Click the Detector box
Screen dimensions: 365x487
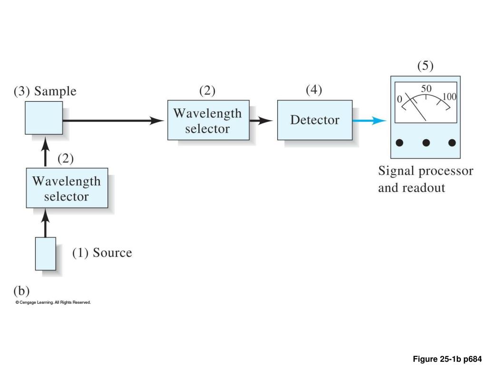click(x=315, y=120)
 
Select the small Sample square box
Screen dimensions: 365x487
click(x=44, y=118)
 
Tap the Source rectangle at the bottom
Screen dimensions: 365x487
click(x=46, y=253)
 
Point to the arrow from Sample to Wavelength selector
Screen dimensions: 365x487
click(x=114, y=121)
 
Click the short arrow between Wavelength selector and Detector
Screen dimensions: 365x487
click(x=261, y=121)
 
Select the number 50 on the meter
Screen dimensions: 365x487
click(x=426, y=89)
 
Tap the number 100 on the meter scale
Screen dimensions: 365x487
click(x=449, y=97)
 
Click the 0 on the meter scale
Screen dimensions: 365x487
click(x=400, y=99)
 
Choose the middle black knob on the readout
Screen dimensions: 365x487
click(x=426, y=143)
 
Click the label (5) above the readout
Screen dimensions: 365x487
click(x=426, y=66)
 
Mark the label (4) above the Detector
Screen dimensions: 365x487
click(x=314, y=90)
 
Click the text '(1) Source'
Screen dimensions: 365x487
click(x=102, y=253)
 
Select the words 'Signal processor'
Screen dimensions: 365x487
click(x=426, y=171)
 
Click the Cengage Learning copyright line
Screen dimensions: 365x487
click(x=53, y=302)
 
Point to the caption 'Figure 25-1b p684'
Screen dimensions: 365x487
click(x=447, y=359)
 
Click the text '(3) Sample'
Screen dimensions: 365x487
click(x=45, y=91)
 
